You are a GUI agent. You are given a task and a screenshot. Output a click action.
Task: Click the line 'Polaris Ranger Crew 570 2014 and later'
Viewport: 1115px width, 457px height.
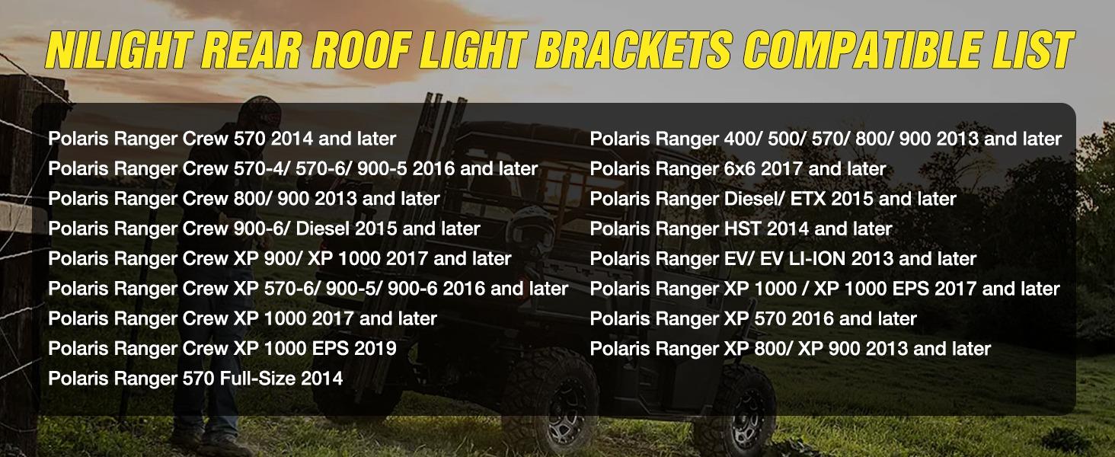(222, 139)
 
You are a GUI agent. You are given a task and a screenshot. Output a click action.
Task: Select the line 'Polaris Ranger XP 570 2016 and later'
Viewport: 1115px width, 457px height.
(752, 318)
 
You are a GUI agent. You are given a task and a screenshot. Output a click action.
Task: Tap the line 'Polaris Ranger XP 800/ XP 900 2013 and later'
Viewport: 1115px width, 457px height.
(790, 349)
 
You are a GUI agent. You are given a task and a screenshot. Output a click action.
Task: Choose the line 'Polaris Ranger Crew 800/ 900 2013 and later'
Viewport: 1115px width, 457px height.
(244, 199)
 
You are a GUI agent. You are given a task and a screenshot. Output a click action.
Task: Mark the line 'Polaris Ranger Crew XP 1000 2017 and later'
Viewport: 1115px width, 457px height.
(242, 318)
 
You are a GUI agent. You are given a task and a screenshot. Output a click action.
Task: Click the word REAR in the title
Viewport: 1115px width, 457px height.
(251, 51)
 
